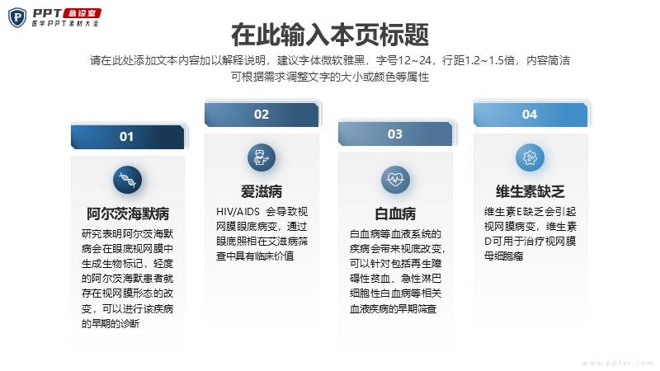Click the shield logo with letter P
tap(17, 17)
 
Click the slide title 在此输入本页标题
tap(330, 35)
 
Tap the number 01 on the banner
tap(126, 137)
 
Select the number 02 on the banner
tap(261, 115)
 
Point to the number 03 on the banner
tap(395, 134)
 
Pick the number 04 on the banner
tap(530, 115)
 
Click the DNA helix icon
tap(127, 180)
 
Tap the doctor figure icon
tap(262, 157)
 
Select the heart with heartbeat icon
tap(395, 180)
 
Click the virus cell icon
tap(530, 157)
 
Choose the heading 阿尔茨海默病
tap(128, 214)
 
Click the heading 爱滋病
tap(262, 192)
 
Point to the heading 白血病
tap(395, 214)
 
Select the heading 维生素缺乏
tap(530, 192)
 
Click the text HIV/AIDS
tap(238, 212)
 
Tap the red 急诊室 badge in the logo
tap(82, 13)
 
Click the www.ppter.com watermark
tap(617, 363)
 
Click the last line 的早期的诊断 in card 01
tap(111, 323)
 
